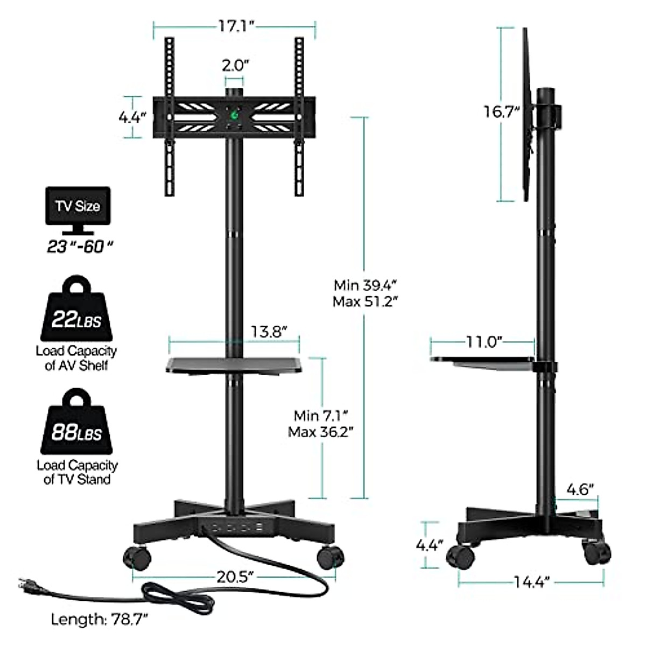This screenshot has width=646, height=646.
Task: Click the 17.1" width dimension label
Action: coord(237,26)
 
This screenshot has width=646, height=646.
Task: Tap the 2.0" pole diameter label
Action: coord(235,65)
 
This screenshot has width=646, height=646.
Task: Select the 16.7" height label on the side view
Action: coord(502,111)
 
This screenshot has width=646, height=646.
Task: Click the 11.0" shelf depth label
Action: coord(484,342)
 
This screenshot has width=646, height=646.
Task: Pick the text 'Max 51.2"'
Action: coord(365,301)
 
